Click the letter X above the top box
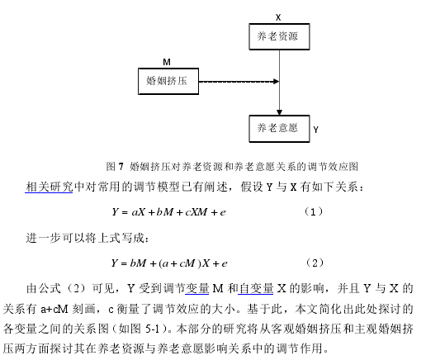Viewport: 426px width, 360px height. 278,17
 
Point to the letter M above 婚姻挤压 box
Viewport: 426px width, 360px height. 167,62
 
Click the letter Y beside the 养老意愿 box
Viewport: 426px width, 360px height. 316,130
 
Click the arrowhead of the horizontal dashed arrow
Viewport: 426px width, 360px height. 276,81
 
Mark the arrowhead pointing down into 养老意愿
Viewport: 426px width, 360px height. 279,112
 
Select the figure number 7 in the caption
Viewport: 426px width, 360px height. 121,166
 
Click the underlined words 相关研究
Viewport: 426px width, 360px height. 49,187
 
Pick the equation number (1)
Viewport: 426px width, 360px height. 313,211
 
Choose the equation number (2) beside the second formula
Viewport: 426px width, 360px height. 315,263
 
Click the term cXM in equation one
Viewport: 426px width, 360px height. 196,212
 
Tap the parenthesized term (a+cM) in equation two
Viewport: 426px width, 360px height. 180,263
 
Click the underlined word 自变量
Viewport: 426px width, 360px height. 256,288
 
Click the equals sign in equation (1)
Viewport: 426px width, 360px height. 125,212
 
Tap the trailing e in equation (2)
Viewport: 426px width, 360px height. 225,264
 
